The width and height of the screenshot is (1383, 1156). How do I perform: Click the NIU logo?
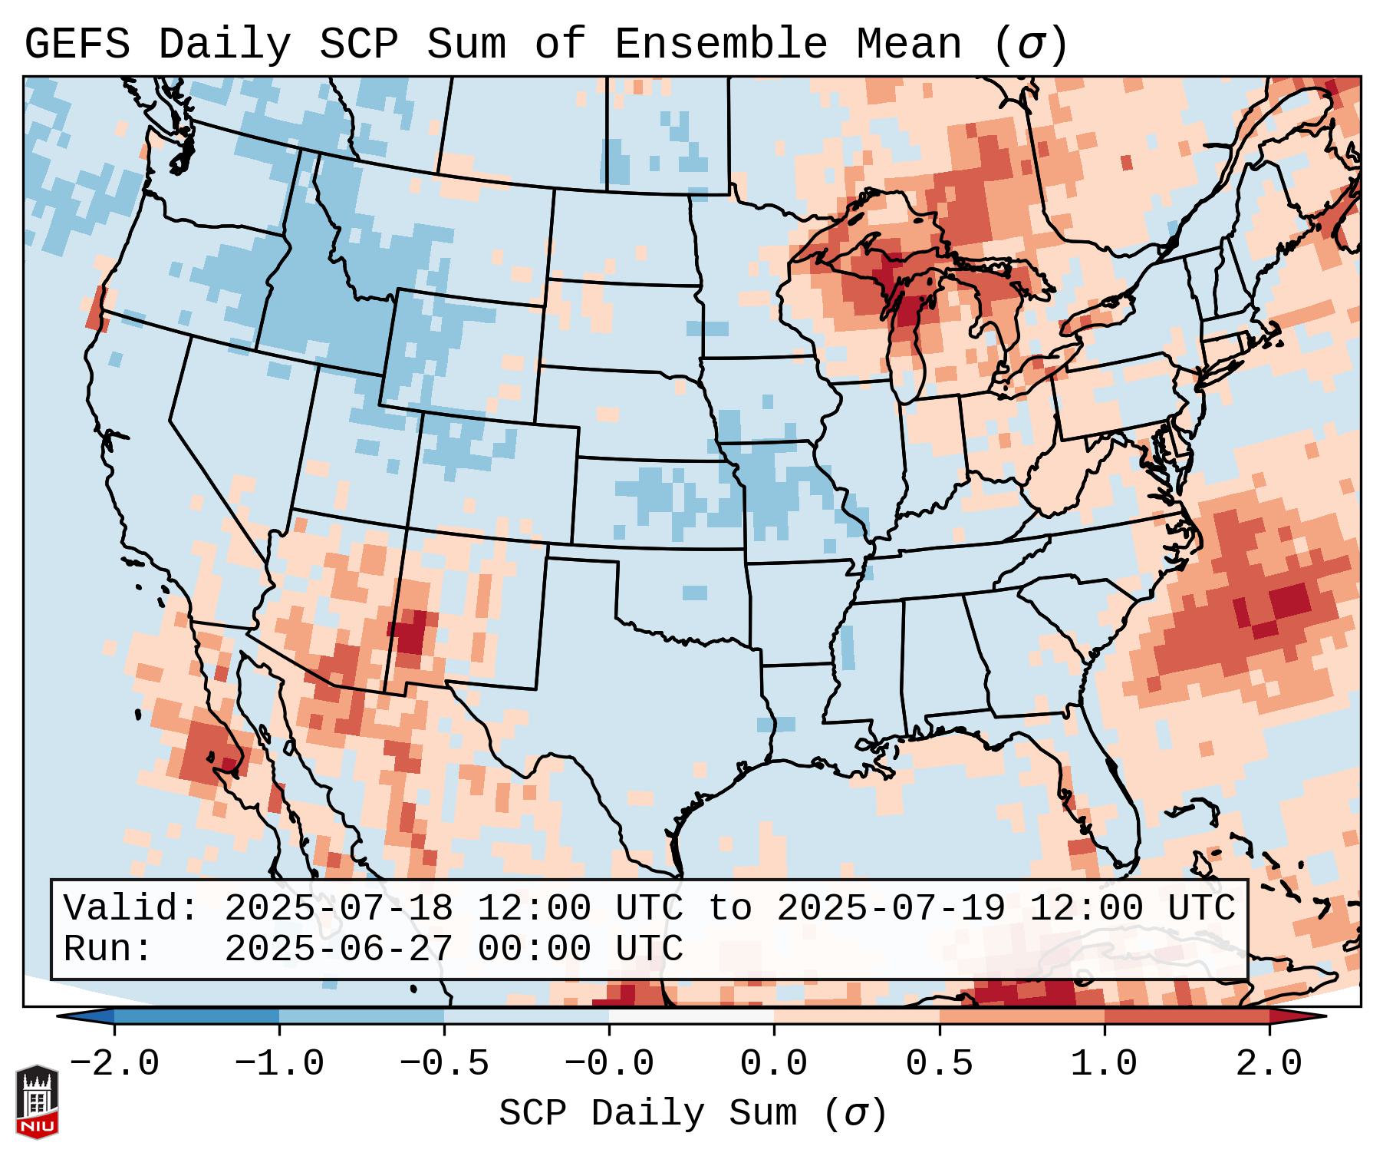click(36, 1102)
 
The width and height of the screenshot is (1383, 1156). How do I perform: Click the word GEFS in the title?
click(77, 45)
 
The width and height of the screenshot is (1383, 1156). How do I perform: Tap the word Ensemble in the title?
click(720, 45)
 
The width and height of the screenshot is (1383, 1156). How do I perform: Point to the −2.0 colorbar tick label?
click(114, 1064)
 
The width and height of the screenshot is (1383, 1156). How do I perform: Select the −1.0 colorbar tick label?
click(279, 1064)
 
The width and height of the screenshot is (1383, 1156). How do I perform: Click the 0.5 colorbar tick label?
click(939, 1064)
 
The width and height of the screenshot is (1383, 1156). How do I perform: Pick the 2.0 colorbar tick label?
click(1269, 1064)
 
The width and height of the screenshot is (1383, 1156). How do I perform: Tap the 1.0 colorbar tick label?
click(1104, 1064)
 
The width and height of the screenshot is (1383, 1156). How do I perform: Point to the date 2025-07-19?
click(891, 909)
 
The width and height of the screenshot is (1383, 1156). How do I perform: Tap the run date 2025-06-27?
click(338, 949)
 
